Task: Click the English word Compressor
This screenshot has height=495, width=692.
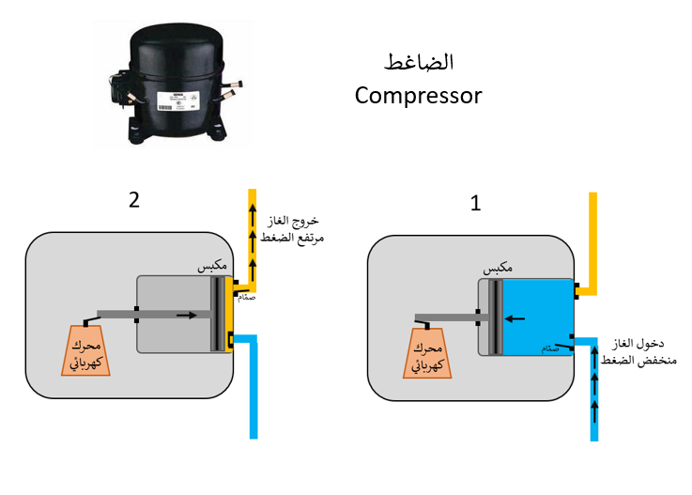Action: click(x=418, y=95)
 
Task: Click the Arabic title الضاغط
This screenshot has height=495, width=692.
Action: click(x=420, y=63)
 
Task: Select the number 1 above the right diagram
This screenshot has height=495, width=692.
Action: click(x=475, y=203)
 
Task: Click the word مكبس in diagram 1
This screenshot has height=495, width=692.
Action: click(x=499, y=269)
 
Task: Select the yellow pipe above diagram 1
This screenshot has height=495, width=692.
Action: click(x=593, y=235)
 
